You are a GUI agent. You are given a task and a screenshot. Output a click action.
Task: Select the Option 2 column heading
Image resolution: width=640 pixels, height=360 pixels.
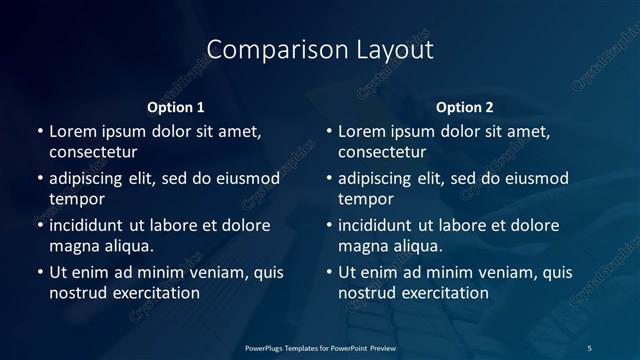(x=464, y=107)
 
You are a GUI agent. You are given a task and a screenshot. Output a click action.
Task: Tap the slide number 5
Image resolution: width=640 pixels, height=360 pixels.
(x=589, y=347)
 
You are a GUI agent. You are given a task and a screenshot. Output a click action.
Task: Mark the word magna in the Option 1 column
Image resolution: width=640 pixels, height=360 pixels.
(x=73, y=246)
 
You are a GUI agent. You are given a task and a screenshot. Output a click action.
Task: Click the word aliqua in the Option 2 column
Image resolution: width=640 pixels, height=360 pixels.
(x=418, y=246)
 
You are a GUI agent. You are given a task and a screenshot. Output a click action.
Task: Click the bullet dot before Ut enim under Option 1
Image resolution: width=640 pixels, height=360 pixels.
(x=39, y=272)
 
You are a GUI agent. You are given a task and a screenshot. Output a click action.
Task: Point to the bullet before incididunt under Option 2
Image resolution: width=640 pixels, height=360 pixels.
(x=328, y=225)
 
